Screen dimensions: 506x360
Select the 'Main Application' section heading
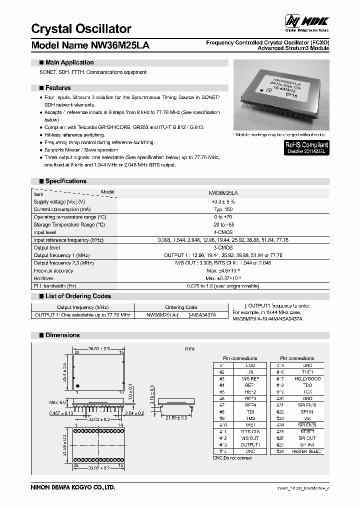tap(69, 62)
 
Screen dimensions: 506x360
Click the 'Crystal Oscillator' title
tap(81, 28)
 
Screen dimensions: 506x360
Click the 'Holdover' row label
tap(44, 278)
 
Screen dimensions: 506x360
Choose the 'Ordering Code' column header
tap(181, 307)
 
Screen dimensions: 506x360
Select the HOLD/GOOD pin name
tap(306, 379)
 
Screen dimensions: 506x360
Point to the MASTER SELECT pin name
tap(306, 451)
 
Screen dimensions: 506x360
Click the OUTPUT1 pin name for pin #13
tap(250, 444)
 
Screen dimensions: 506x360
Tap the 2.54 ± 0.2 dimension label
tap(133, 413)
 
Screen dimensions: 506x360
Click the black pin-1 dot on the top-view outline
tap(77, 386)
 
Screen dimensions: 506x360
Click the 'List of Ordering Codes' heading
tap(77, 296)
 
